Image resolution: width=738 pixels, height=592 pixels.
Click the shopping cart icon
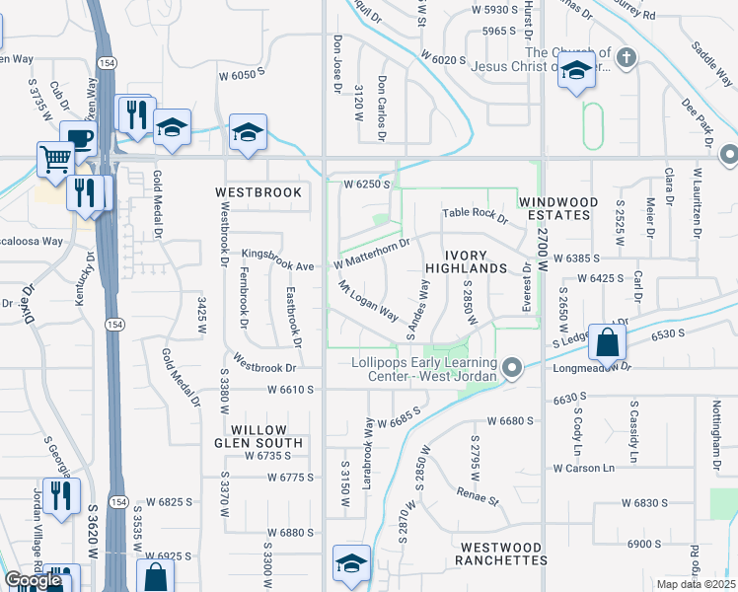56,158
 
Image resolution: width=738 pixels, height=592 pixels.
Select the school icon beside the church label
576,72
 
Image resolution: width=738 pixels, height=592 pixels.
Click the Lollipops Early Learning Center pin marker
511,368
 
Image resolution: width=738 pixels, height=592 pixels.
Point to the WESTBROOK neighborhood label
258,192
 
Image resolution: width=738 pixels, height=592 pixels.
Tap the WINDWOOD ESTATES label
559,208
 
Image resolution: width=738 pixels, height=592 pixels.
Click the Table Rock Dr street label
475,213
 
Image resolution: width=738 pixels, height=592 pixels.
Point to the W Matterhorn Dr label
371,255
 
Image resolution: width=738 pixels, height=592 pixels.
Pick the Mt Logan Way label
368,302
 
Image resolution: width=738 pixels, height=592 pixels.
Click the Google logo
33,580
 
